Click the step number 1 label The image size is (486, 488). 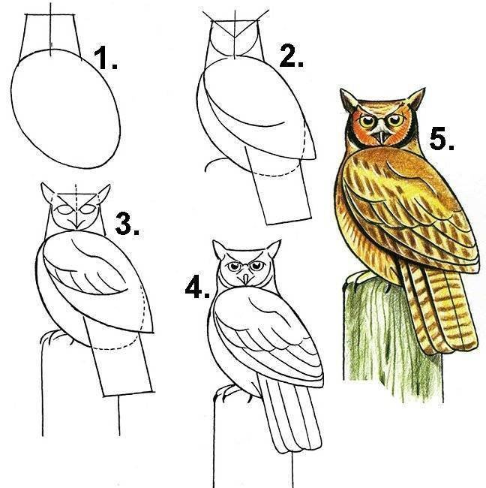tap(106, 58)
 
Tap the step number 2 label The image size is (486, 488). tap(291, 56)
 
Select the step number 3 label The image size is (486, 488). tap(127, 223)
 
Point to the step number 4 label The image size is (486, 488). tap(197, 287)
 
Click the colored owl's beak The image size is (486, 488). tap(382, 137)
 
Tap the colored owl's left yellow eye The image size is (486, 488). tap(367, 120)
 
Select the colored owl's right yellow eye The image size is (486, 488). tap(395, 119)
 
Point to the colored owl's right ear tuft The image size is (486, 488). tap(415, 98)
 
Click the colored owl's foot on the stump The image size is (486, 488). tap(357, 277)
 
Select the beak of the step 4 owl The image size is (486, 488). tap(246, 278)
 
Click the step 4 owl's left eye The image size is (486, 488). tap(232, 267)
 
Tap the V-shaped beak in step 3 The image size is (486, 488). tap(76, 223)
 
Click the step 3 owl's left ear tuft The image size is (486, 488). tap(47, 193)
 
